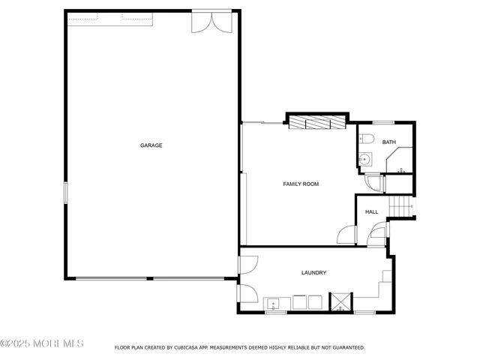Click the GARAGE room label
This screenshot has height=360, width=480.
pos(151,145)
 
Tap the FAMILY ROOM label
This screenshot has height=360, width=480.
pos(301,184)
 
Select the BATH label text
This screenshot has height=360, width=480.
pos(388,142)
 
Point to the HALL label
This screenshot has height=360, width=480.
pos(371,212)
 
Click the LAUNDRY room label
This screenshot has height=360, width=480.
pos(313,273)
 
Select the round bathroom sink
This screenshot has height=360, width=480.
pos(365,159)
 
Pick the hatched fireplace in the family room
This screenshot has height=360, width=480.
pos(316,121)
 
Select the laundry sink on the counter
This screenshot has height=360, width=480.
pos(274,304)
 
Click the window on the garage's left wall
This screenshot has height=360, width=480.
pos(65,193)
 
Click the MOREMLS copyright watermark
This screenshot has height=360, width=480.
pos(42,343)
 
